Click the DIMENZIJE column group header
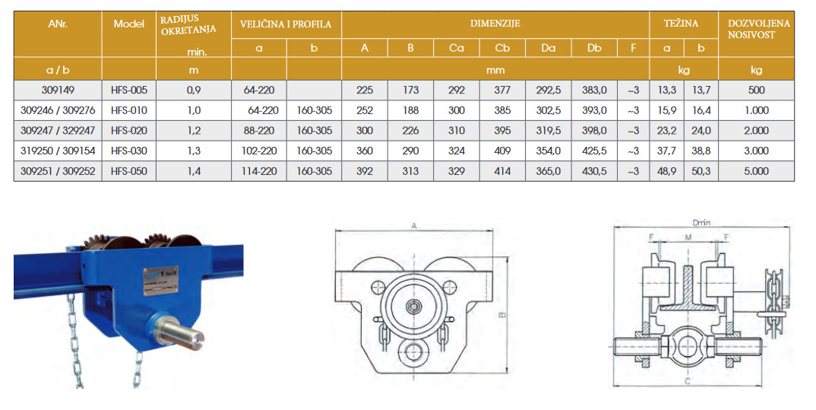(495, 24)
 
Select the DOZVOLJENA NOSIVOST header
(758, 29)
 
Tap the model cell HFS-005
(129, 90)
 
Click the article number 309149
(58, 90)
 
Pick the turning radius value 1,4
(194, 171)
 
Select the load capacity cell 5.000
(756, 171)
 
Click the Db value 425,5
(594, 151)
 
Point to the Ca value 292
(457, 90)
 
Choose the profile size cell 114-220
(259, 171)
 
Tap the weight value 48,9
(666, 171)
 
